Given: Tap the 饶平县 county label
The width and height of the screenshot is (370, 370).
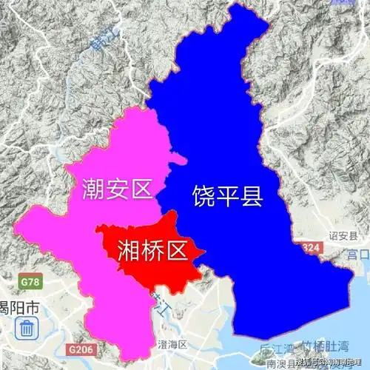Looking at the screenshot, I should coord(227,196).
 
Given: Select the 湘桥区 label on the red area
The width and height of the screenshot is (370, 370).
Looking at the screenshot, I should coord(151,252).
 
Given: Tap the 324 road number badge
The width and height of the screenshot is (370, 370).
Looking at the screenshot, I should coord(312,245).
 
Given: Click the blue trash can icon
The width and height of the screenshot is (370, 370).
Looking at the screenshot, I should coord(27,328).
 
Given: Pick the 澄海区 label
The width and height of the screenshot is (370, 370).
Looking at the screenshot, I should coord(173,345).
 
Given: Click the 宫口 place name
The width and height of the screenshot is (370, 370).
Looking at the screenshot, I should coord(358,255).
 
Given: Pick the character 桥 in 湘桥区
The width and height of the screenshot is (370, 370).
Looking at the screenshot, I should coord(151,252).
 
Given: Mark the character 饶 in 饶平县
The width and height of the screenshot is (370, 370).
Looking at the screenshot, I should coord(203,196).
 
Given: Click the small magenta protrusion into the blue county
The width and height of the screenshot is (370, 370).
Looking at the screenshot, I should coord(178,158).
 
